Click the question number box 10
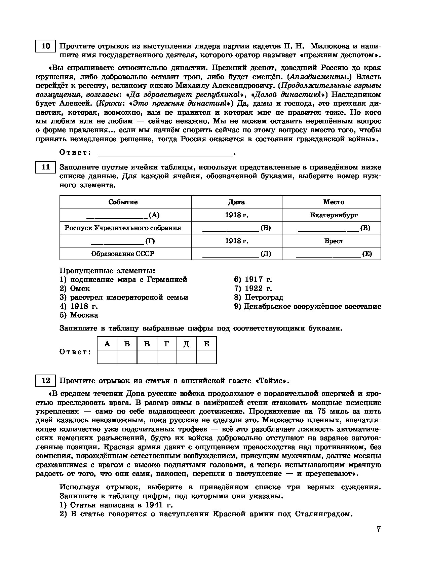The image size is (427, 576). tap(45, 46)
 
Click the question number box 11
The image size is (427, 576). tap(45, 167)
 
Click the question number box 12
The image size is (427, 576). tap(45, 381)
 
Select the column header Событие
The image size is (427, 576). tap(123, 202)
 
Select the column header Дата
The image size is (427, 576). tap(236, 202)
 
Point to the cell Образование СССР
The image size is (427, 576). tap(123, 254)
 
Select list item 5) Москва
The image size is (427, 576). tap(79, 315)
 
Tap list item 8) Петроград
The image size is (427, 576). tap(259, 297)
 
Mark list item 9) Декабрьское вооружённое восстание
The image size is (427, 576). tap(308, 306)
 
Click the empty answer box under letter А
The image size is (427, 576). tap(107, 357)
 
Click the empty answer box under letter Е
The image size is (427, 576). tap(206, 357)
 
